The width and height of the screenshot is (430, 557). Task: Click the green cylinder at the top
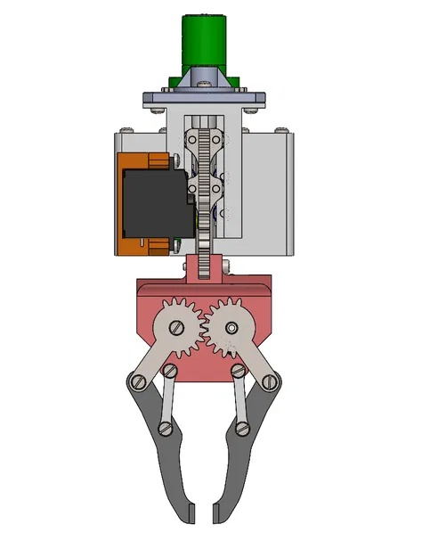206,40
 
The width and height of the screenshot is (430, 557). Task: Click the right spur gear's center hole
232,329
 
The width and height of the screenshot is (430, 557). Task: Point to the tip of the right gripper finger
216,514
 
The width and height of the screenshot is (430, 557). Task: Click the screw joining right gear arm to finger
271,381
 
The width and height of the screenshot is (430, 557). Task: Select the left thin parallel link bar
166,400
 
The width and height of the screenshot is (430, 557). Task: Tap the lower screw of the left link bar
165,430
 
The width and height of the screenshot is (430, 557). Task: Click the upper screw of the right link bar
238,370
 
